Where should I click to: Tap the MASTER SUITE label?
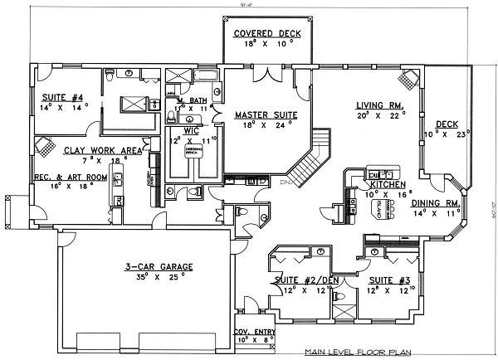261,114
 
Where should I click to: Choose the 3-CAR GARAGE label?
159,266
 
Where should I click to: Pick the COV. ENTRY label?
254,330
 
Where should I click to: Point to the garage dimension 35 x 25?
159,278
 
